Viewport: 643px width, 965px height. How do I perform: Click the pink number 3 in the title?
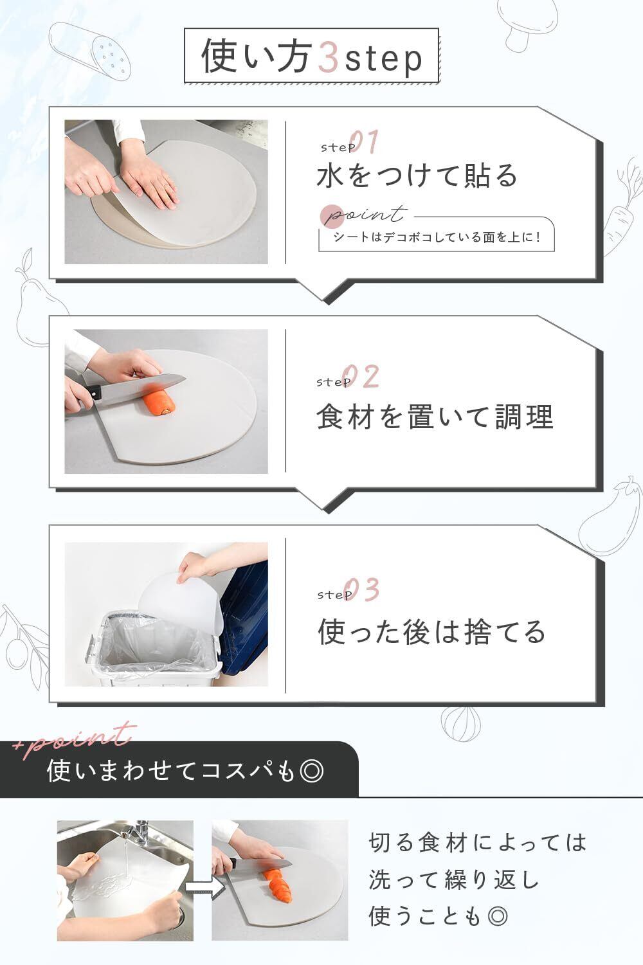pyautogui.click(x=328, y=57)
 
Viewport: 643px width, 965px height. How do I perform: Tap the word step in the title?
pyautogui.click(x=383, y=60)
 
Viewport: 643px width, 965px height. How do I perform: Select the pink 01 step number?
pyautogui.click(x=364, y=141)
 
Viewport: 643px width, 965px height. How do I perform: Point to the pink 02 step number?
pyautogui.click(x=361, y=377)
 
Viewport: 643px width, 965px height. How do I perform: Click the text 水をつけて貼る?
pyautogui.click(x=417, y=176)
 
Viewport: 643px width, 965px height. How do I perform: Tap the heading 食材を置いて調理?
pyautogui.click(x=435, y=417)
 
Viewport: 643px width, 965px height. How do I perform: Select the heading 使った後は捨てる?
pyautogui.click(x=432, y=632)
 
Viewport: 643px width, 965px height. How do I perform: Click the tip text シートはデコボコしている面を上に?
pyautogui.click(x=437, y=237)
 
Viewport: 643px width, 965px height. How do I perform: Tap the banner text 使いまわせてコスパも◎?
pyautogui.click(x=185, y=771)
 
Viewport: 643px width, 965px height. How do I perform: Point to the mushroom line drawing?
pyautogui.click(x=527, y=23)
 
